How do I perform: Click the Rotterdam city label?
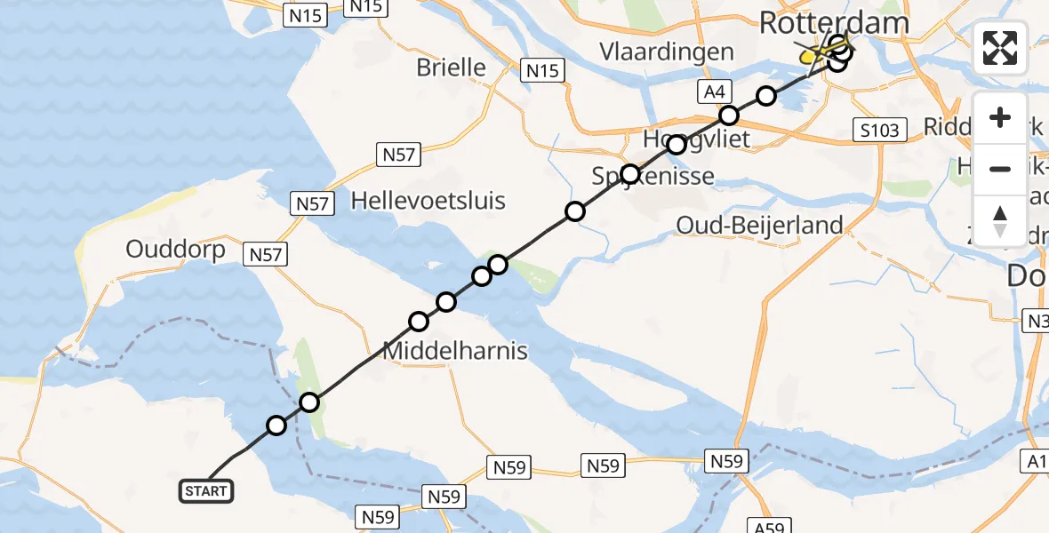point(835,23)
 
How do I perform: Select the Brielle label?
point(452,68)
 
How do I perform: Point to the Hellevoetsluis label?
point(428,200)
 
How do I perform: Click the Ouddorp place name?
point(175,249)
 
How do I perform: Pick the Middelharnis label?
point(455,351)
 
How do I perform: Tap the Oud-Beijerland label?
point(759,225)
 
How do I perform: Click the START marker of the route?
point(207,490)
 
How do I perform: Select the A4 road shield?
point(715,91)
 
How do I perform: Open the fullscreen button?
point(1000,48)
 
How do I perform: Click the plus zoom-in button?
point(1000,118)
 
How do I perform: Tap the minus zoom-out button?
point(1000,169)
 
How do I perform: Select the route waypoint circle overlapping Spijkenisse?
point(630,174)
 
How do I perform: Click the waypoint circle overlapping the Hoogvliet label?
point(677,144)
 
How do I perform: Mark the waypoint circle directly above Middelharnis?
point(419,321)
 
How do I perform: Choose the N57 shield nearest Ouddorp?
point(267,256)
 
